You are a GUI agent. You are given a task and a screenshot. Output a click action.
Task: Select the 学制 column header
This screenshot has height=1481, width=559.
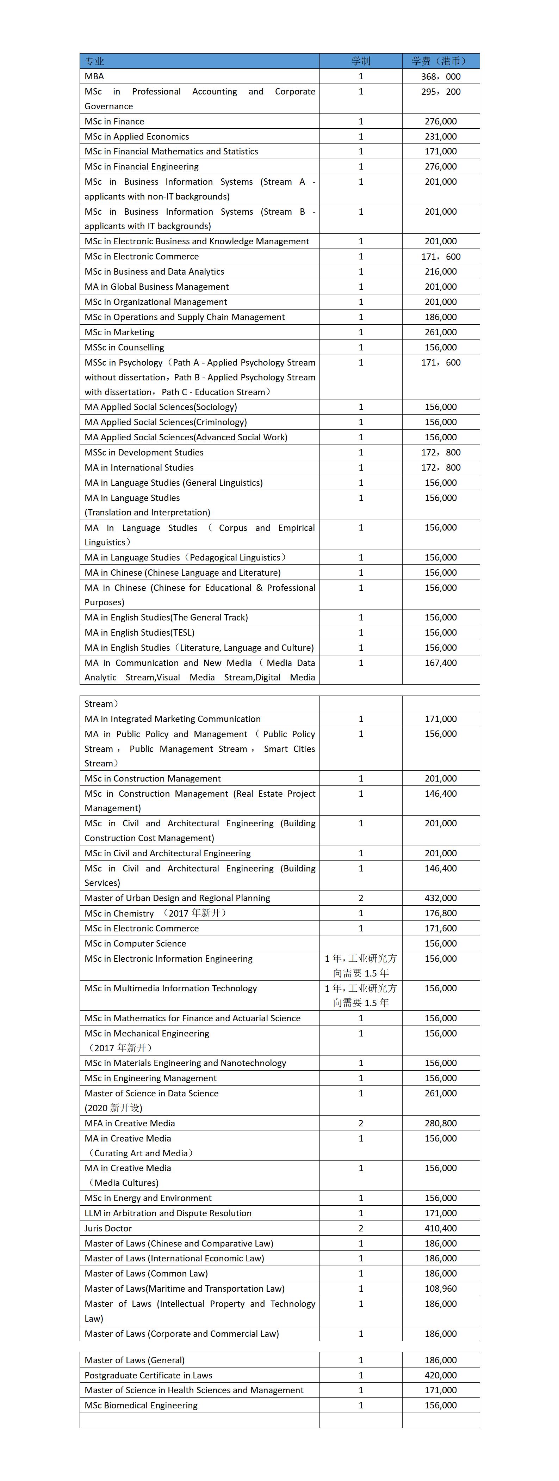tap(361, 61)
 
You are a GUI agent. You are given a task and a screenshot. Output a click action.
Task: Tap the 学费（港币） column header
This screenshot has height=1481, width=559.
tap(441, 61)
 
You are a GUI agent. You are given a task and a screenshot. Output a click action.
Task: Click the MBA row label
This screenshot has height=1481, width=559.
tap(94, 77)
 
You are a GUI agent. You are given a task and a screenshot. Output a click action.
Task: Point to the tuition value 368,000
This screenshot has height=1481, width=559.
tap(441, 77)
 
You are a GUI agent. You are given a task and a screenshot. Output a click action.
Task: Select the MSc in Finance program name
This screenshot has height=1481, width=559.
tap(114, 121)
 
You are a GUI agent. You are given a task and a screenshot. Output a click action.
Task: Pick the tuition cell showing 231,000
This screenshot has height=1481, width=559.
tap(441, 136)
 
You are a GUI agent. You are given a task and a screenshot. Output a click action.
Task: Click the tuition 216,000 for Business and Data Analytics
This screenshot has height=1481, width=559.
tap(441, 271)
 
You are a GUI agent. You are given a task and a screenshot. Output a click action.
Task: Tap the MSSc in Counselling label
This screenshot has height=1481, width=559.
tap(124, 347)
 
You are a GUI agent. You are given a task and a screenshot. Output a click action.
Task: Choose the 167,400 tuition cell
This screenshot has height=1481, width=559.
tap(441, 663)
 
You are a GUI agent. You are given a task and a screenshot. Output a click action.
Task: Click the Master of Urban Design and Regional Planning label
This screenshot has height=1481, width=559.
tap(177, 898)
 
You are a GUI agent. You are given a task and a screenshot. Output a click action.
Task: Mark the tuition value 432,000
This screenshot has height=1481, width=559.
tap(441, 898)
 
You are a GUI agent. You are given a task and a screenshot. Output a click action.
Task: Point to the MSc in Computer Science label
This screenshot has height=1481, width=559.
tap(135, 943)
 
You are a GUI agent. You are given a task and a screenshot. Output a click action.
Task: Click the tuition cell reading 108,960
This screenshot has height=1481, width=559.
tap(441, 1289)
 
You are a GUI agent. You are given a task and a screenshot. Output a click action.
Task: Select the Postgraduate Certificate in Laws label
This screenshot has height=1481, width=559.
tap(148, 1375)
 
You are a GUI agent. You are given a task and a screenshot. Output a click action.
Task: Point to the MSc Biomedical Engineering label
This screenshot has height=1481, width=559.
tap(141, 1405)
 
